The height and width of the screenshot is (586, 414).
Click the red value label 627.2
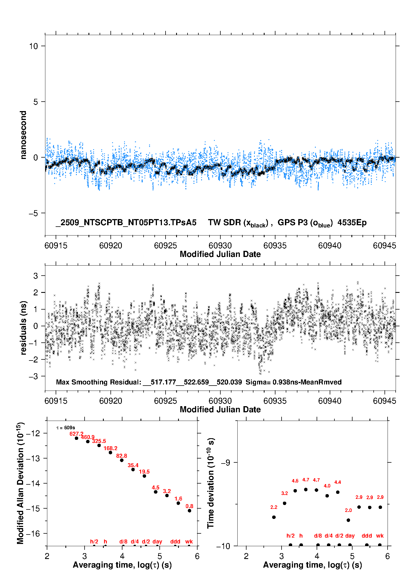(x=76, y=434)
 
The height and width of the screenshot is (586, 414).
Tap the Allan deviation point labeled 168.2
(x=110, y=452)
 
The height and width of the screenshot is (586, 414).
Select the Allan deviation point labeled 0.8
(x=189, y=511)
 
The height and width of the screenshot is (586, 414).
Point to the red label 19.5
(x=144, y=472)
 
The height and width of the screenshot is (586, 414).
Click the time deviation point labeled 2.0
(x=348, y=520)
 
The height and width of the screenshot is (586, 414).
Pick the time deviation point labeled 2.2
(x=274, y=517)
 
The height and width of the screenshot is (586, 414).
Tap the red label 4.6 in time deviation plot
(x=295, y=481)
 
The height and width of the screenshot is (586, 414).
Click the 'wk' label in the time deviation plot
(x=380, y=536)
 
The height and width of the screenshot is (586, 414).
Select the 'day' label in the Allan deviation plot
(x=157, y=541)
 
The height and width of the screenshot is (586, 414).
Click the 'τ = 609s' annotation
(x=66, y=428)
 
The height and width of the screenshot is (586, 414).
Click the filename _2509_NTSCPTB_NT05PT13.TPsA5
(x=126, y=222)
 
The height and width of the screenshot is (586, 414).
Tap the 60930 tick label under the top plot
(x=220, y=246)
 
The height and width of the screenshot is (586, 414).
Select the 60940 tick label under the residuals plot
(x=330, y=401)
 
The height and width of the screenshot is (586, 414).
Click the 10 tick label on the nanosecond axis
(x=33, y=46)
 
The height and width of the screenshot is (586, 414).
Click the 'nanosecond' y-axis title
(x=23, y=135)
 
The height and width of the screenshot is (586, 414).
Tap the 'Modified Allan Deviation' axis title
(x=21, y=483)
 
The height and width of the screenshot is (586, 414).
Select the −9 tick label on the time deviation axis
(x=225, y=462)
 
